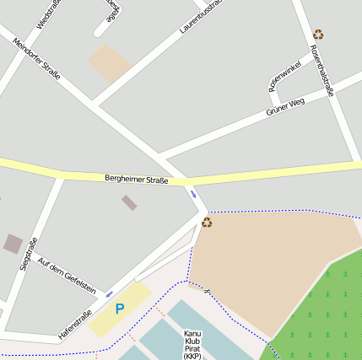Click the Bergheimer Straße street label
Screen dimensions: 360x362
[x=136, y=180]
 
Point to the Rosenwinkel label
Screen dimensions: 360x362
[x=284, y=73]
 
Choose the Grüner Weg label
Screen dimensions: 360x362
[x=284, y=106]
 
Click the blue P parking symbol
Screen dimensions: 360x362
[x=119, y=309]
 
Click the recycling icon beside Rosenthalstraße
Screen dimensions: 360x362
[x=318, y=35]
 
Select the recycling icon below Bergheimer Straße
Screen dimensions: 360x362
[x=207, y=222]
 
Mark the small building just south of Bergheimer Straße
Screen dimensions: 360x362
[x=129, y=202]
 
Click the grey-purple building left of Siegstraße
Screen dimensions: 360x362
[x=13, y=244]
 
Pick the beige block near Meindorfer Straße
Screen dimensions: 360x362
[x=111, y=63]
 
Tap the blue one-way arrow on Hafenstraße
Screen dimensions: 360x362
[x=109, y=294]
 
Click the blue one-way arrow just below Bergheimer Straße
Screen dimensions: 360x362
[x=193, y=195]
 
